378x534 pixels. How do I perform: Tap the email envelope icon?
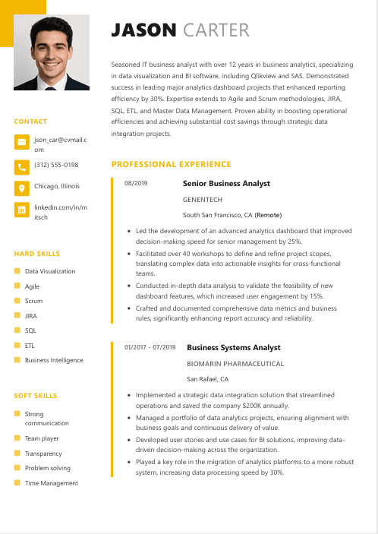pyautogui.click(x=21, y=143)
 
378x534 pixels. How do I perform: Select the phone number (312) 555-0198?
pyautogui.click(x=56, y=165)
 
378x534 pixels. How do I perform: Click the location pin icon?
pyautogui.click(x=21, y=188)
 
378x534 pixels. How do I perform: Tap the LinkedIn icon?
pyautogui.click(x=21, y=210)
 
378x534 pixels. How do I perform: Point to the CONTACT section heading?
pyautogui.click(x=30, y=122)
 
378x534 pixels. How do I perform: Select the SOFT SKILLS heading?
pyautogui.click(x=36, y=396)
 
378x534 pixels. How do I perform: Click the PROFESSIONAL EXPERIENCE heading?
pyautogui.click(x=171, y=164)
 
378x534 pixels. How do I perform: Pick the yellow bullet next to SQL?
pyautogui.click(x=17, y=330)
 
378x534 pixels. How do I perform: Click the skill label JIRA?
pyautogui.click(x=31, y=315)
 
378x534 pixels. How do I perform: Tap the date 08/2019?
pyautogui.click(x=135, y=184)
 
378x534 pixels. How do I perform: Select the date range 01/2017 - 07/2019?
pyautogui.click(x=150, y=348)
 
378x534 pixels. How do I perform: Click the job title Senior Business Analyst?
pyautogui.click(x=226, y=184)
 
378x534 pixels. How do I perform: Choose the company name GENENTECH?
pyautogui.click(x=202, y=200)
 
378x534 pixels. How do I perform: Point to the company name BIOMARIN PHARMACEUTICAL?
pyautogui.click(x=235, y=364)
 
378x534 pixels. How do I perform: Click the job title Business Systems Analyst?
pyautogui.click(x=233, y=348)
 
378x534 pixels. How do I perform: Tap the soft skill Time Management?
pyautogui.click(x=51, y=483)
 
